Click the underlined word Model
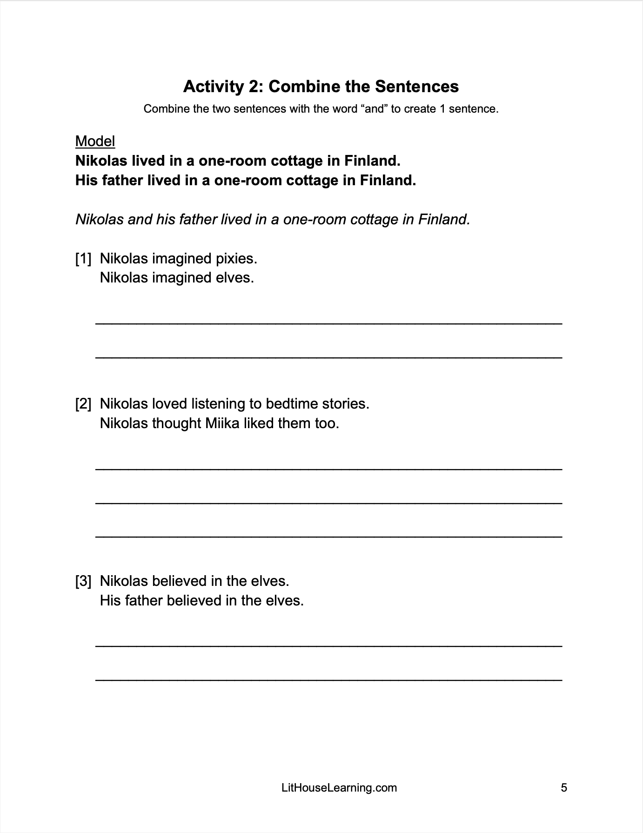[95, 141]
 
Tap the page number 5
[564, 787]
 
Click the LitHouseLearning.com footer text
[339, 787]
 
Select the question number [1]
[83, 258]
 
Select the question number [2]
[83, 403]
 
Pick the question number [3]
[83, 581]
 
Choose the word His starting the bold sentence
[87, 180]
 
